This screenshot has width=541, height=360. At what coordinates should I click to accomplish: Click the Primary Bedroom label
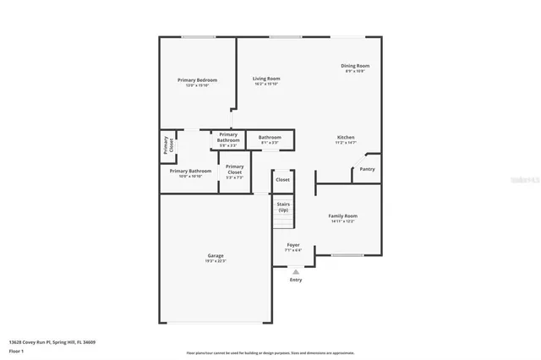197,80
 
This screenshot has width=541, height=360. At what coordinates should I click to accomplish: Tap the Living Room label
266,79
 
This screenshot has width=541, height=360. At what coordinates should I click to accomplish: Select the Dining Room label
355,66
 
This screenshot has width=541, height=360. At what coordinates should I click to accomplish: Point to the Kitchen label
347,138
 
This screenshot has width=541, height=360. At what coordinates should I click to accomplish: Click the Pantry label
367,169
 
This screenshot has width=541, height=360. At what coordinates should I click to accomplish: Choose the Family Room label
342,216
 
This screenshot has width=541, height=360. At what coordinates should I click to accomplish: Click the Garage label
216,255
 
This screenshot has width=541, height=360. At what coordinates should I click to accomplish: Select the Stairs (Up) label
283,207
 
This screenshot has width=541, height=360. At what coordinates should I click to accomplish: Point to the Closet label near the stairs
282,180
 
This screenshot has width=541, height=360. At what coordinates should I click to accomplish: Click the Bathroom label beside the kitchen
270,138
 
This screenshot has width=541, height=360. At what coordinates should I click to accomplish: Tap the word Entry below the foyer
295,280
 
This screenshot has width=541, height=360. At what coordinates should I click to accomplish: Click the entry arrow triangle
295,271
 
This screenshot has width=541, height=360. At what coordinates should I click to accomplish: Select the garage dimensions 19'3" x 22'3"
216,261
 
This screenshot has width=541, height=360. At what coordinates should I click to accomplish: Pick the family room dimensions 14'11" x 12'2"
342,222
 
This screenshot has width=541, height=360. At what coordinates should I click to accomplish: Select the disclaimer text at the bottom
270,353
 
